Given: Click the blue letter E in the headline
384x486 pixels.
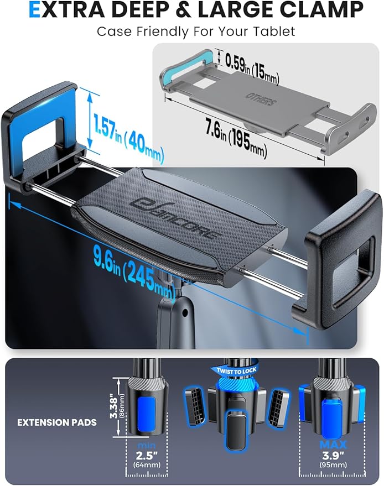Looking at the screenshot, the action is click(x=34, y=9).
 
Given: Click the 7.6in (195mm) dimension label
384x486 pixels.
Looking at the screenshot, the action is click(x=236, y=137).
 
